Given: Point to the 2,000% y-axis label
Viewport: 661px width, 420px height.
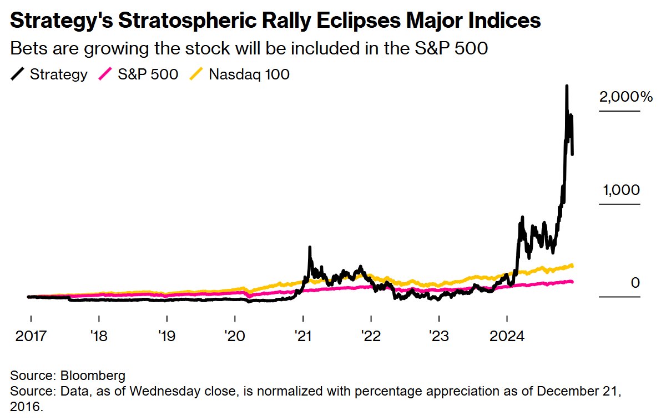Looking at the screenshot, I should pos(625,97).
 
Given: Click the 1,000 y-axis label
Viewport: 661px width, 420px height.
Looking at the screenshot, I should pos(621,190).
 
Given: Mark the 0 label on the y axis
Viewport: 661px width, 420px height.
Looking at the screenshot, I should pos(635,283).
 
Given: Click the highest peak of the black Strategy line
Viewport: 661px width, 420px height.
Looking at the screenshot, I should pos(567,87).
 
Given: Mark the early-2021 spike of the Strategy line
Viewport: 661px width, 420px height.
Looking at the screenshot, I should pos(309,247).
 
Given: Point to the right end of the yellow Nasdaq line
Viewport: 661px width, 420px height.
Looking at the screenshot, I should pos(572,265).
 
